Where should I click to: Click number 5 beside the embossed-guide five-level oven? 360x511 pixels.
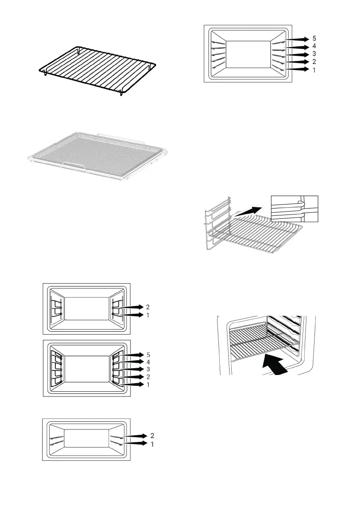[315, 39]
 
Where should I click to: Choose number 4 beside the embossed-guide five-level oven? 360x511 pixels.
[315, 46]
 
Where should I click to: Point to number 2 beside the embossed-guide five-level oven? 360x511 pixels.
[315, 61]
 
